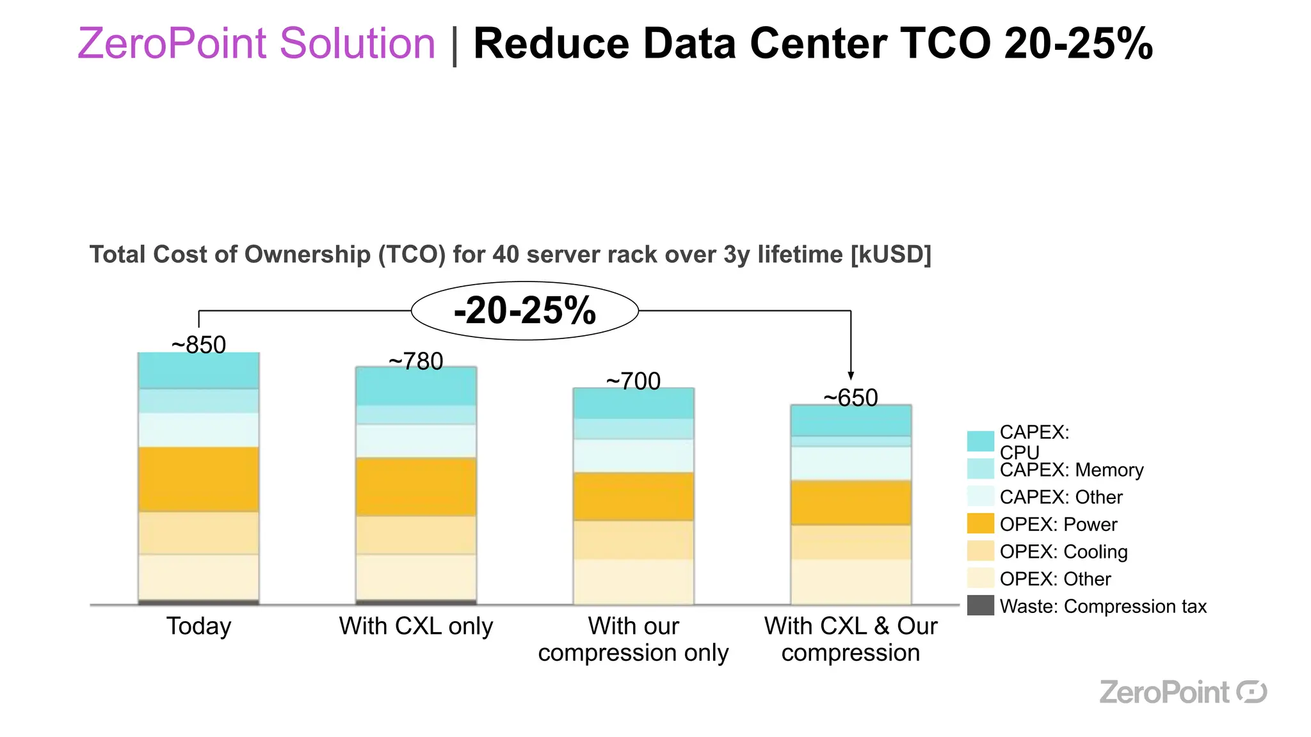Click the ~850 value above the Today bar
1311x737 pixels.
pyautogui.click(x=198, y=345)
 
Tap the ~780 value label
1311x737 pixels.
pyautogui.click(x=415, y=362)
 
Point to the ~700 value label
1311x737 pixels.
pyautogui.click(x=633, y=381)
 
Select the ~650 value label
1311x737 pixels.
pyautogui.click(x=850, y=398)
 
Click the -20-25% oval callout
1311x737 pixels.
pyautogui.click(x=524, y=311)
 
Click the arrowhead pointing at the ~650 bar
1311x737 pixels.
pyautogui.click(x=851, y=376)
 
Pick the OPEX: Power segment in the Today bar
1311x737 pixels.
pyautogui.click(x=198, y=479)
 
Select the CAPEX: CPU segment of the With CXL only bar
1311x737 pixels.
pyautogui.click(x=416, y=386)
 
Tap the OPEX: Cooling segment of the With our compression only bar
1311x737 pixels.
pyautogui.click(x=633, y=540)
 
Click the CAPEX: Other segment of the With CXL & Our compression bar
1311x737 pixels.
pyautogui.click(x=851, y=464)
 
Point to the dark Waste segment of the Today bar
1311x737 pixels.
pyautogui.click(x=198, y=602)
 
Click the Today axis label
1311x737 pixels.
pyautogui.click(x=198, y=626)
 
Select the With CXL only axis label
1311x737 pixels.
pyautogui.click(x=416, y=626)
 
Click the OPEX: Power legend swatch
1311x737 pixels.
pyautogui.click(x=980, y=523)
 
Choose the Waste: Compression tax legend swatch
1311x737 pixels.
pyautogui.click(x=980, y=605)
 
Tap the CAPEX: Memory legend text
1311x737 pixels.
pyautogui.click(x=1071, y=470)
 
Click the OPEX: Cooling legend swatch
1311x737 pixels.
pyautogui.click(x=980, y=551)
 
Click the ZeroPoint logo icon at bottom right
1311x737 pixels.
pyautogui.click(x=1251, y=692)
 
